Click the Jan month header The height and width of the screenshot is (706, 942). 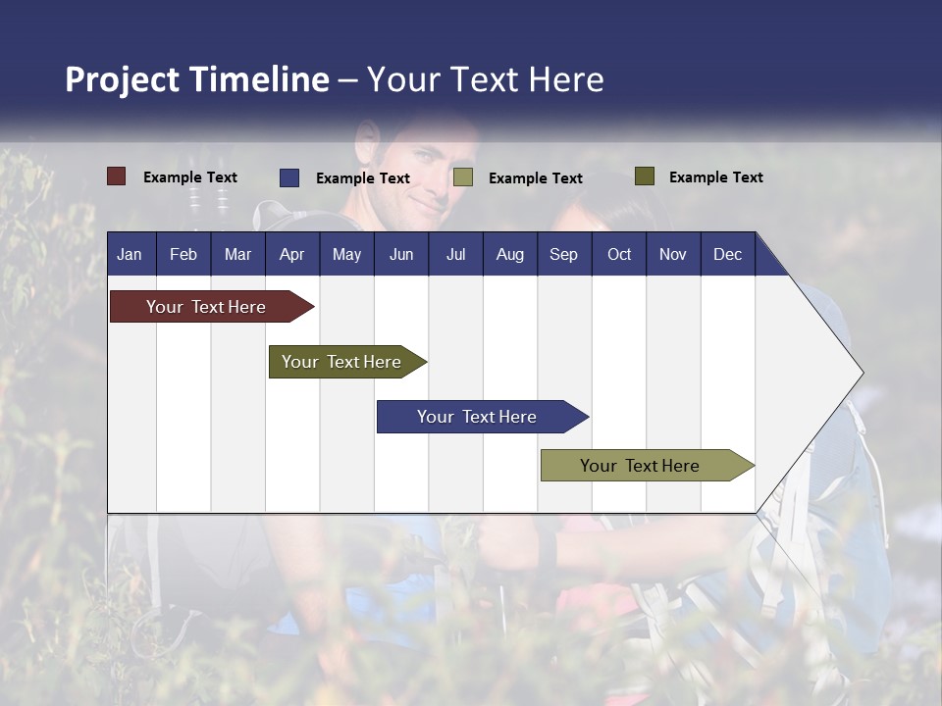pos(130,255)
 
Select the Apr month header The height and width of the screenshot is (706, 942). pos(291,255)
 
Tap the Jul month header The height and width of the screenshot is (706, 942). pos(455,255)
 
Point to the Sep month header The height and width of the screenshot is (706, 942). pos(563,255)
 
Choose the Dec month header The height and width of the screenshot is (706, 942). pos(727,255)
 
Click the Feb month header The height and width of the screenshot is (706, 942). pos(183,255)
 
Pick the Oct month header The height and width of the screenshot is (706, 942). pos(619,255)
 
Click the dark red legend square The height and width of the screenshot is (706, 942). pos(117,176)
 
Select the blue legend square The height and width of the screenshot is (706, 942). pos(289,177)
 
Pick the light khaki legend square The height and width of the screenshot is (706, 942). pos(463,177)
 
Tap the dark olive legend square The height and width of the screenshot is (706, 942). pos(644,176)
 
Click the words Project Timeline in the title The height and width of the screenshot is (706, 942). pos(197,79)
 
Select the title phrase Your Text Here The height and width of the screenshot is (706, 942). pos(486,79)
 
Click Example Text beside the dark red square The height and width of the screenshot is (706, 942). pos(190,177)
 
